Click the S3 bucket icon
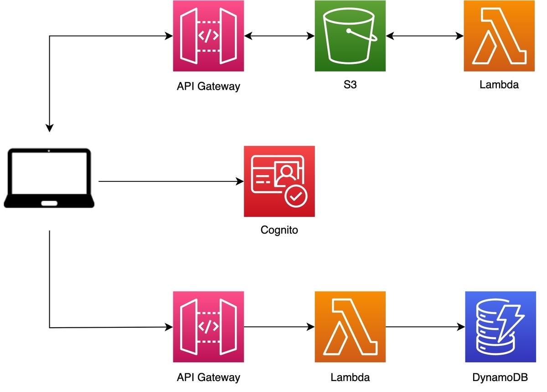click(350, 36)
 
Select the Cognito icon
click(279, 181)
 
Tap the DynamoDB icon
click(500, 327)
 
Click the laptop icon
click(49, 178)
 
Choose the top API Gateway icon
click(208, 36)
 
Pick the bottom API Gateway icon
click(208, 327)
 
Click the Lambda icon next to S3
click(499, 36)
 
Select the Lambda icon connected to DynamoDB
click(350, 327)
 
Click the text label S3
click(350, 85)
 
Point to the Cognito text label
click(279, 230)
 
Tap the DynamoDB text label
click(500, 377)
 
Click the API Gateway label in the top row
click(208, 86)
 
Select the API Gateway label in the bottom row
click(208, 377)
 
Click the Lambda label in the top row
click(499, 85)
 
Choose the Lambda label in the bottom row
click(350, 377)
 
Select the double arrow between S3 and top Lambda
click(424, 36)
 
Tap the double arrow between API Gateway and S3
click(279, 36)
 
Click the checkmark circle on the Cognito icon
click(296, 196)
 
